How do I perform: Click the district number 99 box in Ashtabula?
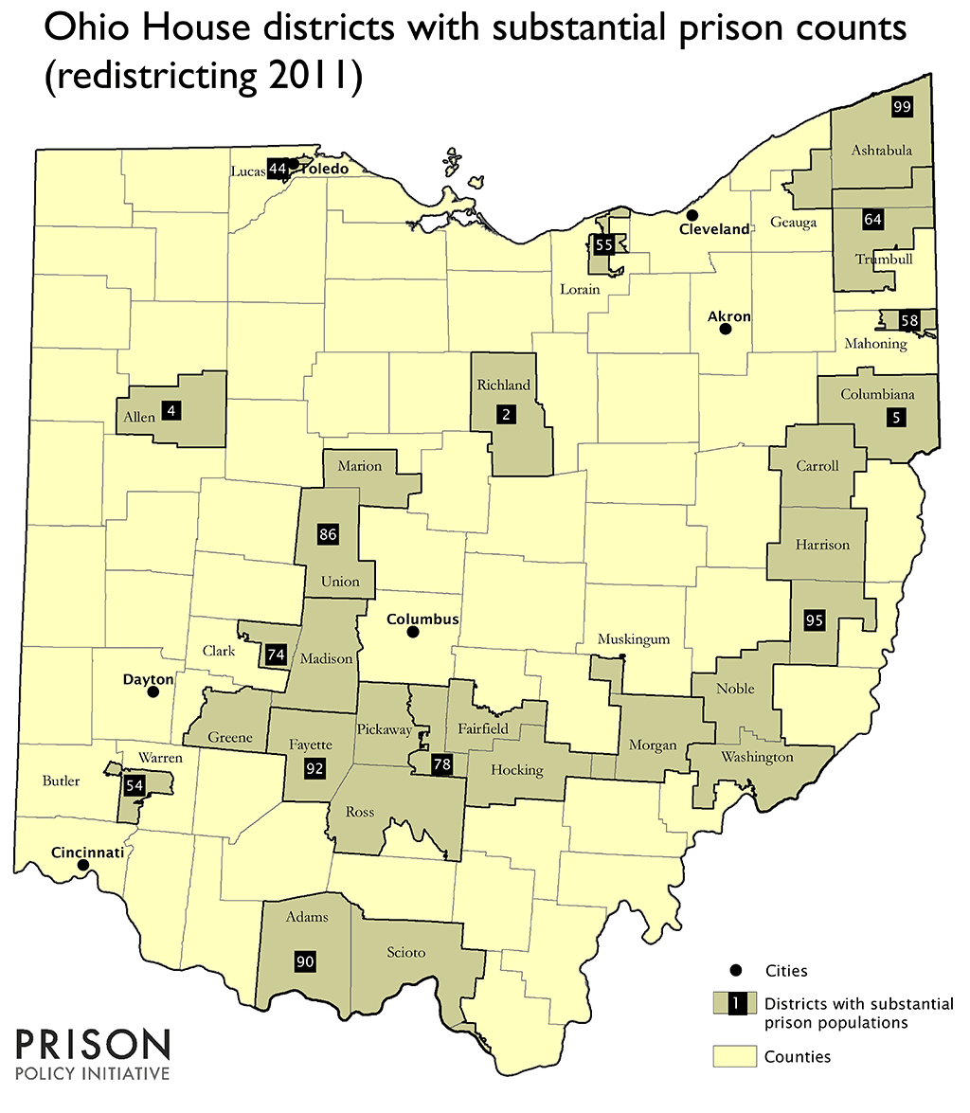902,107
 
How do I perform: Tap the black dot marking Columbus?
412,632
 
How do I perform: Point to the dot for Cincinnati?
83,864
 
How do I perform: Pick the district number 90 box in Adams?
305,960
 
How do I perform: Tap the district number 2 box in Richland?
507,414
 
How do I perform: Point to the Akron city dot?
725,330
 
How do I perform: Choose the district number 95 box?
814,620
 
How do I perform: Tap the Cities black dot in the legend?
735,970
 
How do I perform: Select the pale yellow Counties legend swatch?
734,1055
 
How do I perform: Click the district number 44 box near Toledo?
278,169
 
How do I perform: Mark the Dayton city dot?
152,692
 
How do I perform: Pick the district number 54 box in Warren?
135,784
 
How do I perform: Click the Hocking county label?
516,770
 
